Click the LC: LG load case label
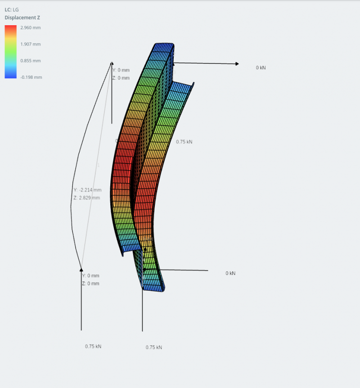click(12, 9)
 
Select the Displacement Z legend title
click(22, 18)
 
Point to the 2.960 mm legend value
click(30, 27)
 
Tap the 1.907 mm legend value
click(30, 44)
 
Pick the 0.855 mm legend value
click(30, 61)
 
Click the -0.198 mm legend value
click(31, 77)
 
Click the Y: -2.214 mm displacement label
click(87, 190)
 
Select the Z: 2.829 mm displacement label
click(86, 198)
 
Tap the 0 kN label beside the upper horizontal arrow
click(261, 68)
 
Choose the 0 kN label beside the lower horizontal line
click(230, 273)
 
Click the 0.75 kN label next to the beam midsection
click(184, 142)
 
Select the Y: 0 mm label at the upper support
click(121, 70)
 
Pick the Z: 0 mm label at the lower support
click(90, 284)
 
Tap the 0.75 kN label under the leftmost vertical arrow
click(93, 347)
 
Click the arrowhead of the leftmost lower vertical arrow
click(81, 270)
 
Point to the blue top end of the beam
click(164, 46)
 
